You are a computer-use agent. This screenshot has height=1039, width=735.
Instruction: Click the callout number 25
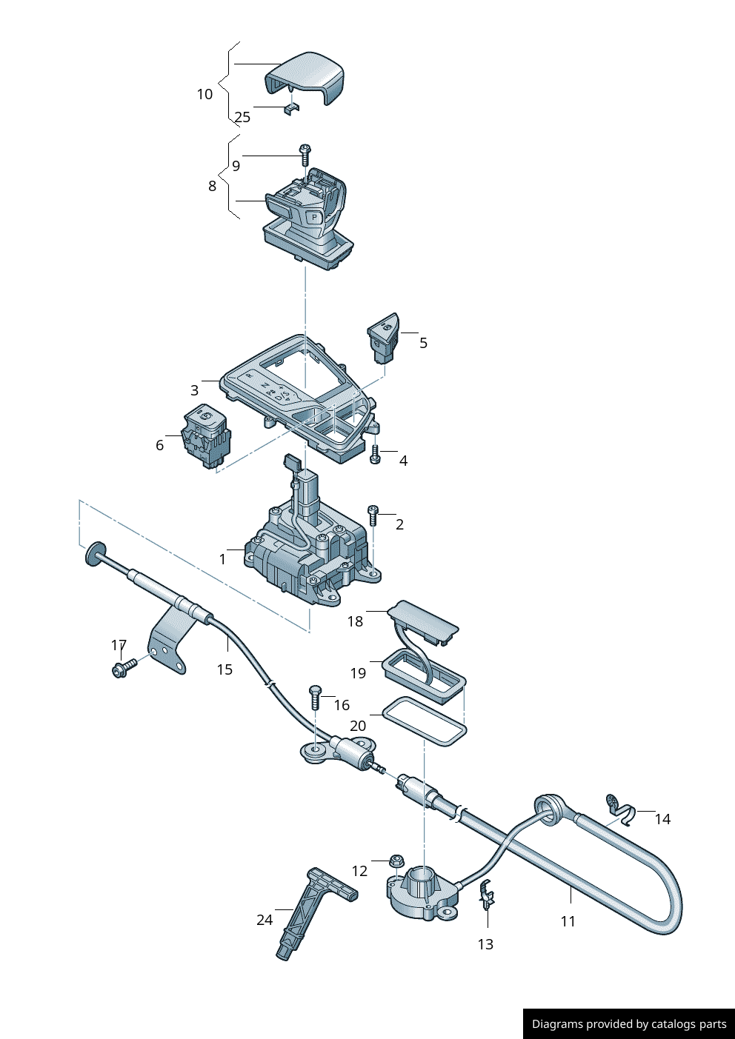(243, 117)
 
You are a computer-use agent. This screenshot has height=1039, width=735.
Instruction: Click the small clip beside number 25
(291, 110)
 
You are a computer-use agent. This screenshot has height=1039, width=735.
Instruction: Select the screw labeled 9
(305, 155)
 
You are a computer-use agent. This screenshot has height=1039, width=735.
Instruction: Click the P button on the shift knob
(315, 217)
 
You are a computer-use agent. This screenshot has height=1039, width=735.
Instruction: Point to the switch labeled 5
(383, 338)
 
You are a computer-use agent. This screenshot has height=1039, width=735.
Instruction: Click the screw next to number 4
(375, 454)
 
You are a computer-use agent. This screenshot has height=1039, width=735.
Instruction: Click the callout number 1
(223, 559)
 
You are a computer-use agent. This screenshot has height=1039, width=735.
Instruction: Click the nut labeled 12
(396, 861)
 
